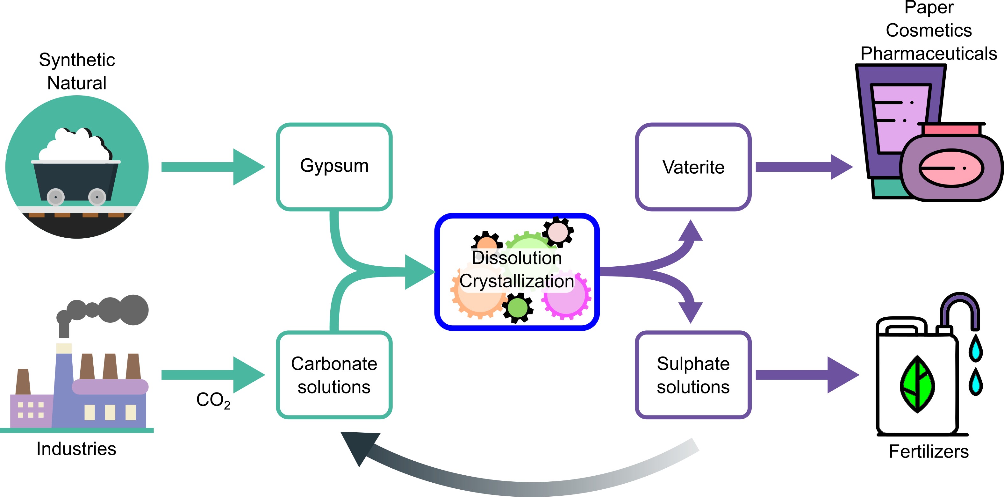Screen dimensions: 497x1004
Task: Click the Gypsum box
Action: point(334,167)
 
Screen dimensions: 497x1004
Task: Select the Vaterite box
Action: point(693,167)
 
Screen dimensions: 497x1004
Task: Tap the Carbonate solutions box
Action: point(334,375)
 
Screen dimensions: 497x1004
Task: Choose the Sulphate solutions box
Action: point(693,375)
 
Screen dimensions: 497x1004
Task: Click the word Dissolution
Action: point(516,258)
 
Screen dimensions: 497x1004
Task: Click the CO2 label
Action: point(213,400)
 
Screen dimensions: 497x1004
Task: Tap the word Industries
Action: point(76,449)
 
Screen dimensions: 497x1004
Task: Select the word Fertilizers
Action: point(929,451)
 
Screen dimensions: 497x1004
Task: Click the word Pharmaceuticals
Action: point(929,54)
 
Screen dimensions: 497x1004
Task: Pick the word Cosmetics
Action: point(929,30)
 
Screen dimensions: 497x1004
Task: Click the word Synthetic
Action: point(77,60)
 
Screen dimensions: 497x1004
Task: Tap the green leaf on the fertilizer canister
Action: point(917,384)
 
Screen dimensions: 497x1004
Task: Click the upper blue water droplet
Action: point(976,348)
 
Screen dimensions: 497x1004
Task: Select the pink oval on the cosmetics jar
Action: point(951,168)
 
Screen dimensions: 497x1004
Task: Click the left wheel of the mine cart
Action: point(56,197)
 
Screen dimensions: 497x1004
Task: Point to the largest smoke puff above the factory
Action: point(134,310)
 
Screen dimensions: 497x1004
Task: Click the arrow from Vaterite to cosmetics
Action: point(803,167)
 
